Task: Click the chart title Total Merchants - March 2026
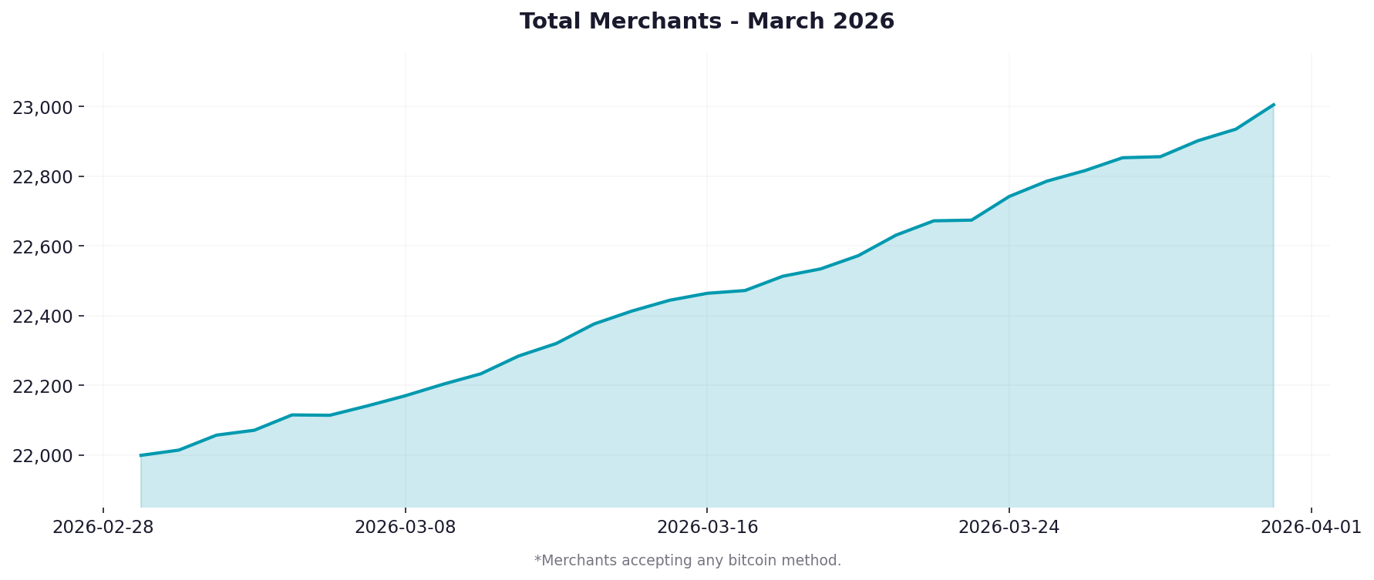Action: (706, 22)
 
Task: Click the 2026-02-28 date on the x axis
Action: (103, 528)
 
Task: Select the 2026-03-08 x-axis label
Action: (405, 528)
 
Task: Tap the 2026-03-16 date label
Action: (707, 528)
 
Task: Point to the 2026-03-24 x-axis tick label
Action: (1009, 528)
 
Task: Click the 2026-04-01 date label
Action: (1311, 528)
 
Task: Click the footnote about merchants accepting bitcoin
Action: (687, 561)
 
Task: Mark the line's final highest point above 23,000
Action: (1273, 105)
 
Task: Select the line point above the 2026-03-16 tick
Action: (707, 293)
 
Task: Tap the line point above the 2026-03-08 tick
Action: (405, 396)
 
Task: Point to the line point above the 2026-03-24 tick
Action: (1009, 196)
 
